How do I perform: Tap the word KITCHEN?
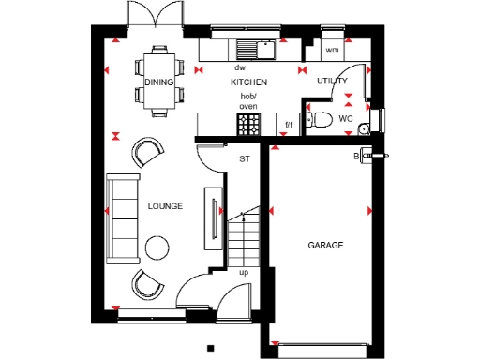coord(248,82)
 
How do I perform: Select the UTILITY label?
coord(332,82)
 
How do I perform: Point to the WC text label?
coord(346,119)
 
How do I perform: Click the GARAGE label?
coord(325,246)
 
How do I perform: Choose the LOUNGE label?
coord(165,206)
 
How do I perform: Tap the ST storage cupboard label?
coord(246,159)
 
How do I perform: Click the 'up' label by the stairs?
coord(244,273)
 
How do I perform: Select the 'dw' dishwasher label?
coord(240,67)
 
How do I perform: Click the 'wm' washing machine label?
coord(332,49)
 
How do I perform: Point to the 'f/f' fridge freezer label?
coord(288,124)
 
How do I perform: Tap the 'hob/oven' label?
coord(248,101)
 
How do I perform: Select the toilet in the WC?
coord(320,119)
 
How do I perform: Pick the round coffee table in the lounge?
coord(156,247)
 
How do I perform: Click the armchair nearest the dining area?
coord(147,152)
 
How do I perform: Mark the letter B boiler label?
coord(356,156)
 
